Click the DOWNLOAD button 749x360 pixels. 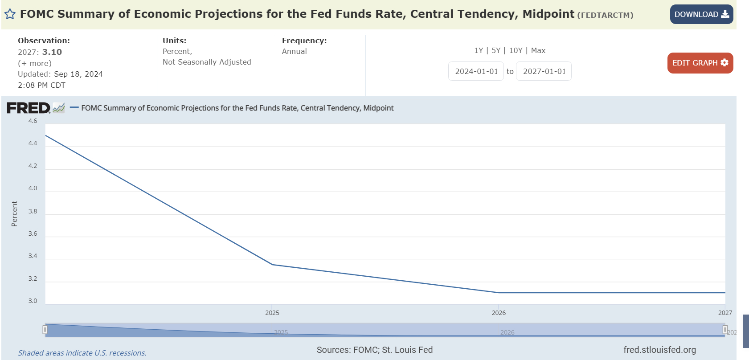(701, 14)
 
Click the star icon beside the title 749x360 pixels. (10, 14)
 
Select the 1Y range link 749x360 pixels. (479, 51)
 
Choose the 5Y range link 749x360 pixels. (496, 51)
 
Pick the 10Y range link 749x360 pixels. (516, 51)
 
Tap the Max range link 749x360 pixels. (538, 51)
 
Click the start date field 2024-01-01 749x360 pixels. (476, 71)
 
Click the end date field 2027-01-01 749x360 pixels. (544, 71)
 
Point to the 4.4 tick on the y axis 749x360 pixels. (33, 143)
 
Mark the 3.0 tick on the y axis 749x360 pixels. (33, 301)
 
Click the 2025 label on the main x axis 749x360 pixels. (272, 313)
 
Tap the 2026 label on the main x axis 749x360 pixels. (499, 313)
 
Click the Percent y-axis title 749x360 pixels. (14, 214)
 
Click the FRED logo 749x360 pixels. (29, 108)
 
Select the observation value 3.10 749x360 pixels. (52, 52)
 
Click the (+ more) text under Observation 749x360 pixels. (35, 63)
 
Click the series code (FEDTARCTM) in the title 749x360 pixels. (605, 15)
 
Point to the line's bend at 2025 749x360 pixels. (272, 265)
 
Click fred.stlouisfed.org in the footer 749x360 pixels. (659, 350)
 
